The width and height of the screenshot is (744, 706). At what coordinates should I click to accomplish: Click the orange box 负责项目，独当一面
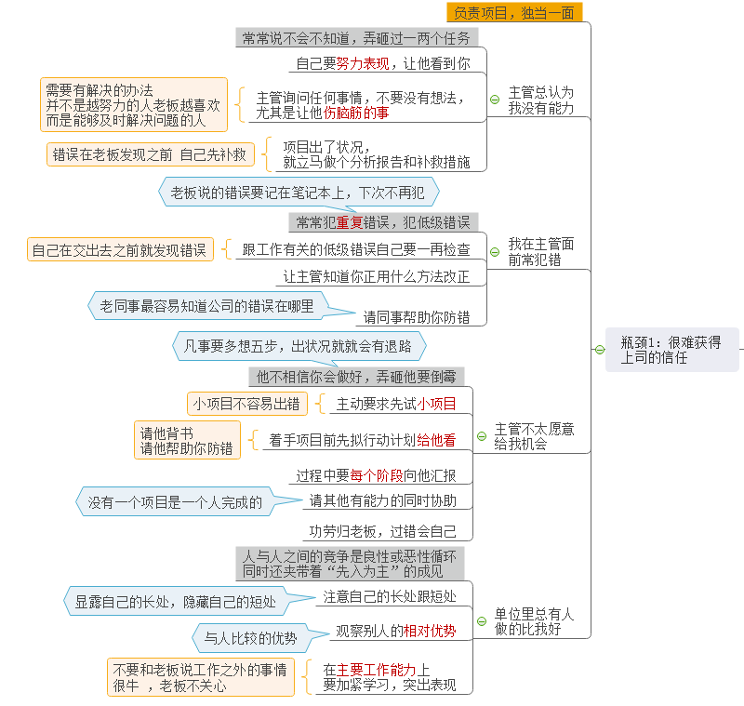point(514,12)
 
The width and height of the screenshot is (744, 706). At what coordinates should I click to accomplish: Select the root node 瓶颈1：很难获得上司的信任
point(671,350)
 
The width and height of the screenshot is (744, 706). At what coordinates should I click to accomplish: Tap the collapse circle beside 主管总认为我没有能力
point(495,100)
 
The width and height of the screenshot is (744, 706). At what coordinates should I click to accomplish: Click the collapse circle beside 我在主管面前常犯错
point(495,252)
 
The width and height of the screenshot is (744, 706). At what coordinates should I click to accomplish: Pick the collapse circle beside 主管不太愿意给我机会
point(482,436)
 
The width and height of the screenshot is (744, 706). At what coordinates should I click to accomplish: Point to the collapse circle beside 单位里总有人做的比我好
point(482,621)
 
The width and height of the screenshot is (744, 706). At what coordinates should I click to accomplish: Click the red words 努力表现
point(363,63)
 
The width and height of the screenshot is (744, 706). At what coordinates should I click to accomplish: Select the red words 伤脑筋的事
point(356,113)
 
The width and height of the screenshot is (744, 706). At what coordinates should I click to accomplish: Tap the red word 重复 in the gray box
point(350,222)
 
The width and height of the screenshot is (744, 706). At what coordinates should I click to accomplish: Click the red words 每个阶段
point(377,475)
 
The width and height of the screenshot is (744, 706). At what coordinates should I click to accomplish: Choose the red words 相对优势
point(430,631)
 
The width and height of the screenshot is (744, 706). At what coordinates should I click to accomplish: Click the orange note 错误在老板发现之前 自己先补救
point(150,154)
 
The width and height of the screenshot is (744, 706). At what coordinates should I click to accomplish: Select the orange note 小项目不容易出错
point(246,404)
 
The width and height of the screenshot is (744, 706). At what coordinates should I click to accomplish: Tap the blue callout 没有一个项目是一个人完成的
point(175,502)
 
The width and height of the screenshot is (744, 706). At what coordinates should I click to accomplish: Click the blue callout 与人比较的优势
point(250,638)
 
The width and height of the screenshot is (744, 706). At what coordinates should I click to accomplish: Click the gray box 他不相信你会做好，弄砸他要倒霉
point(356,378)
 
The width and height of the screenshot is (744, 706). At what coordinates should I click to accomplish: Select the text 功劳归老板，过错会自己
point(382,532)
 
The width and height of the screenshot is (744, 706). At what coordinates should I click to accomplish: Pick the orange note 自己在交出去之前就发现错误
point(120,250)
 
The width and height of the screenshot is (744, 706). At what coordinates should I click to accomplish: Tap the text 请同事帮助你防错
point(417,317)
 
